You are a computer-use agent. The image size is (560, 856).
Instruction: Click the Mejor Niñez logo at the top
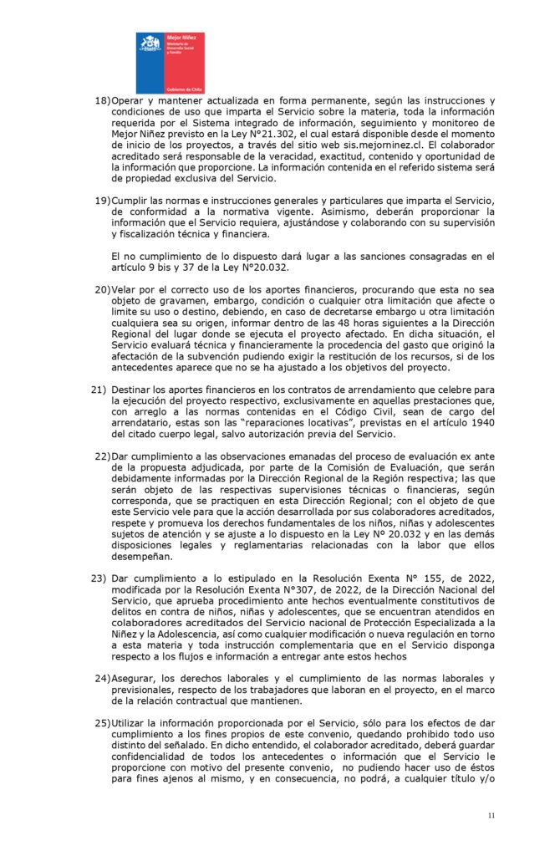[x=170, y=63]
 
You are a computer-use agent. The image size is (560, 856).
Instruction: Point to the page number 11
[x=491, y=814]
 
